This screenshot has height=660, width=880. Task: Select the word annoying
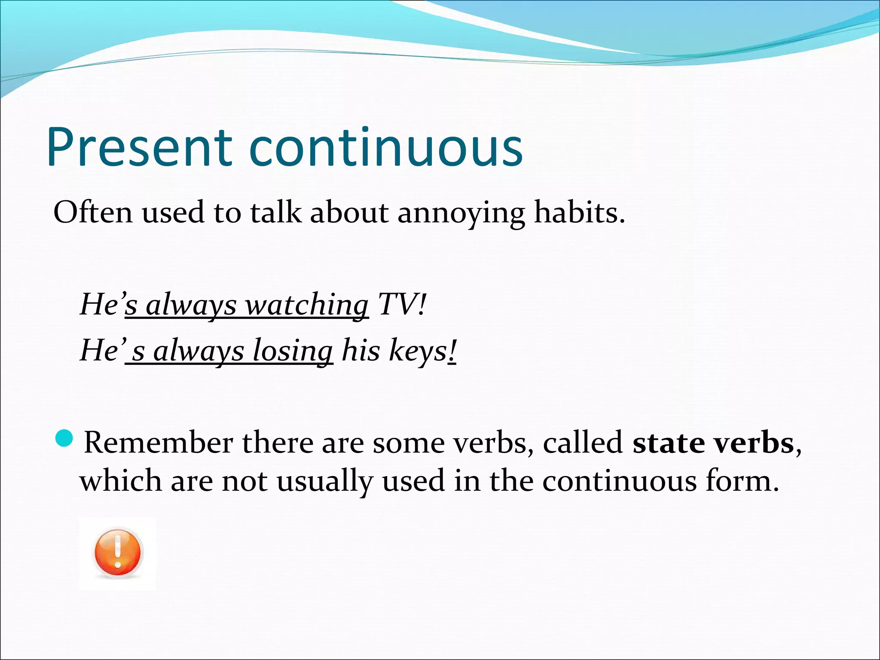coord(461,213)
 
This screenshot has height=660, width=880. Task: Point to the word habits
coord(578,212)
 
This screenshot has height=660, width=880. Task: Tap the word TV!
coord(401,304)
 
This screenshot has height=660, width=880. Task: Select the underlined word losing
coord(292,351)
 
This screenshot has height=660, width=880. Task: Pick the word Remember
coord(158,443)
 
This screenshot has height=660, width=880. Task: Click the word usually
coord(324,481)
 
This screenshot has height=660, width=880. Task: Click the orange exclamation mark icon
coord(117,553)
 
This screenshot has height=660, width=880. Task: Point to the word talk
coord(275,212)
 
